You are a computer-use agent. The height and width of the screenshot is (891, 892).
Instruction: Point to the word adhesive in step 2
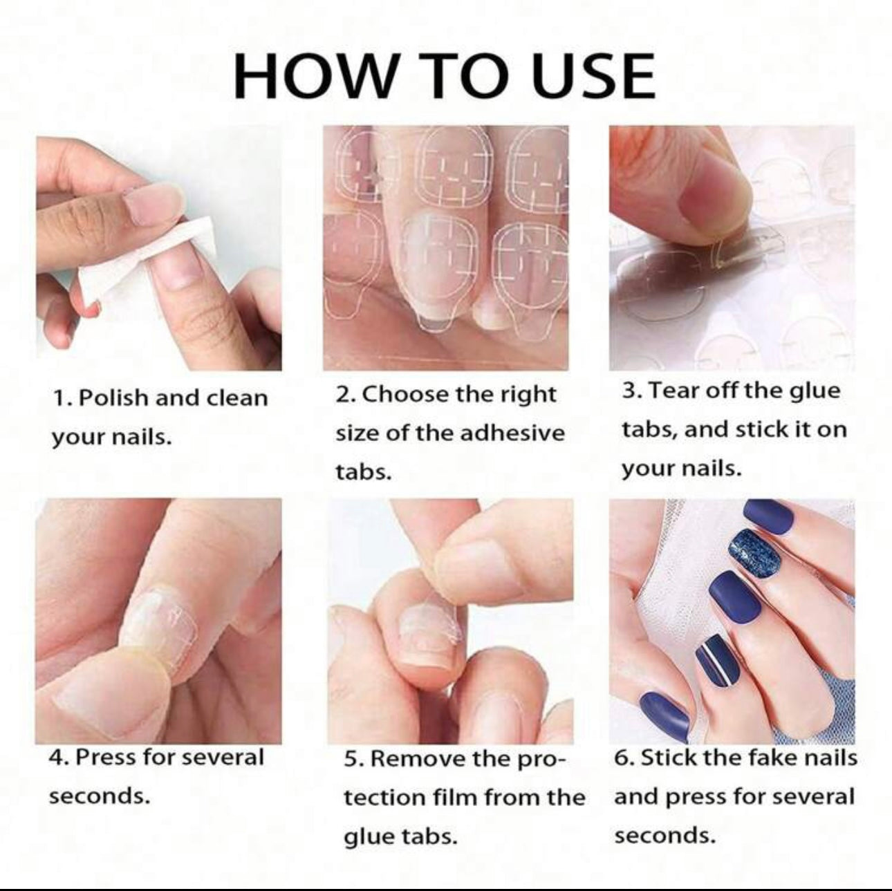(513, 433)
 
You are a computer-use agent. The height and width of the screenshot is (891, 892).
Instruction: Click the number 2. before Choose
(346, 395)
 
